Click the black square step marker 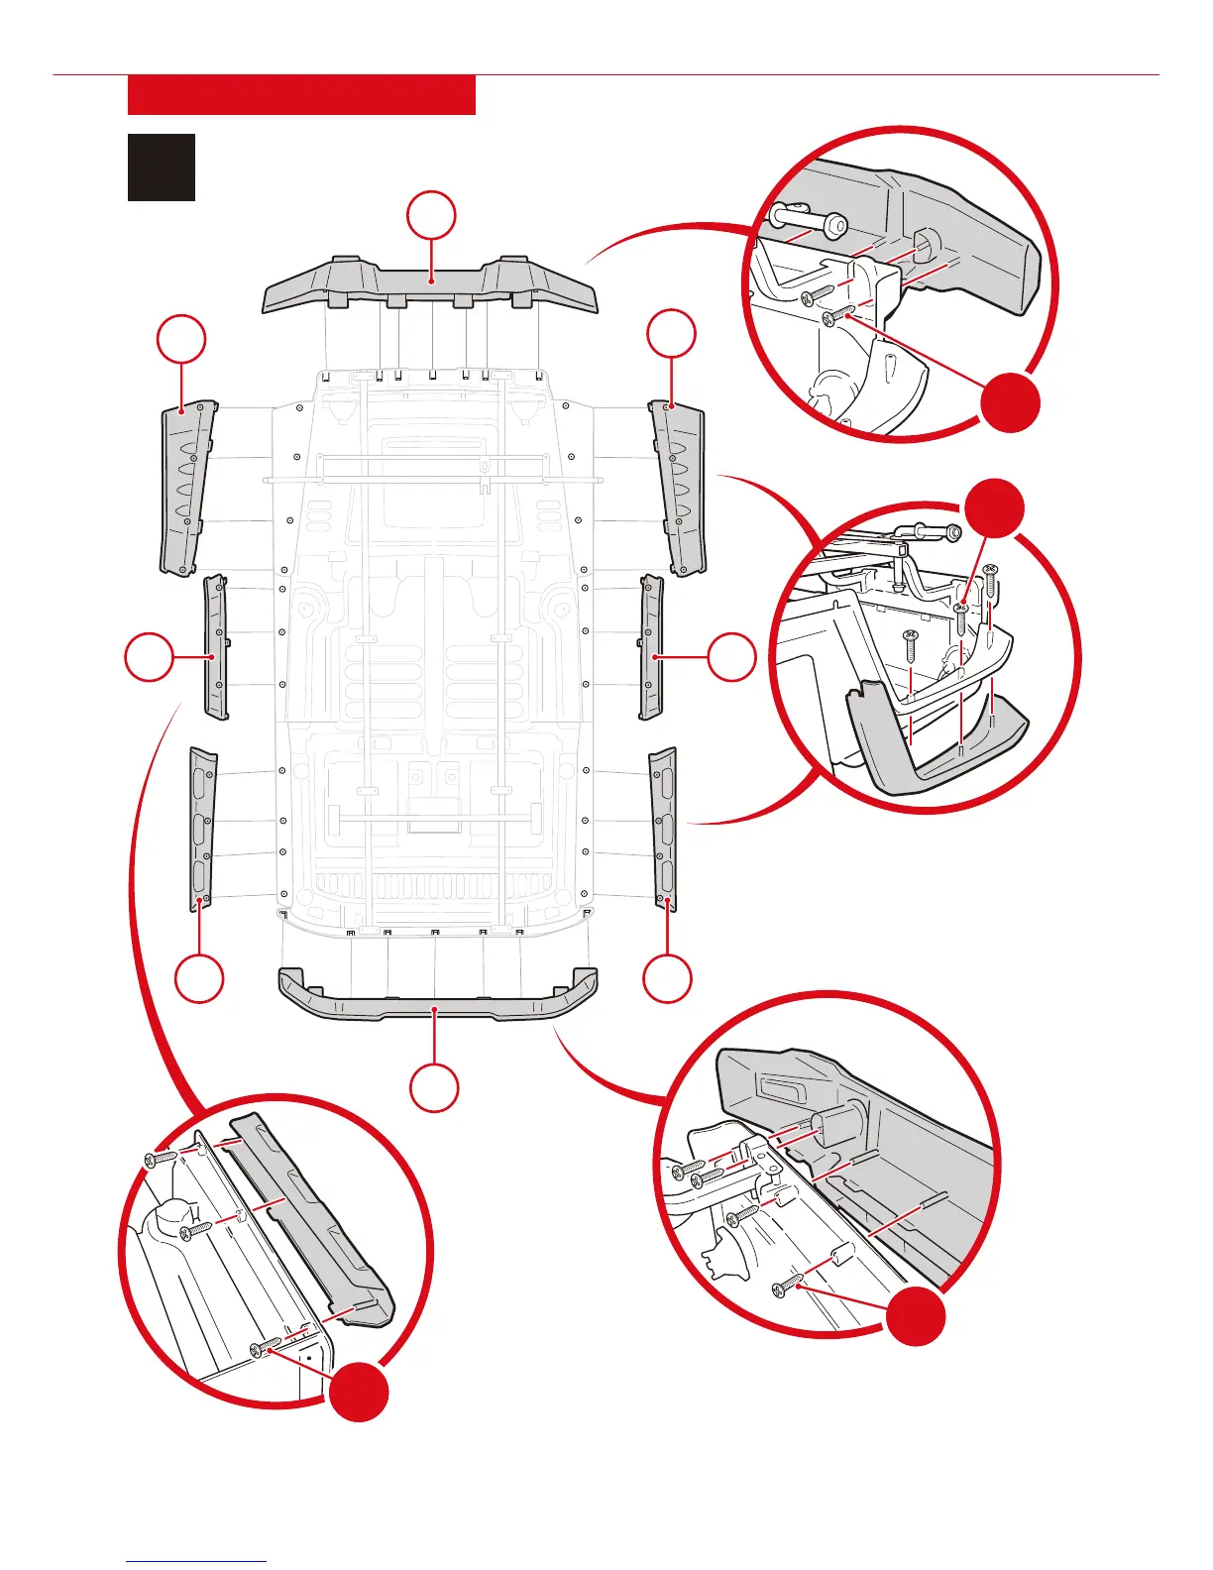pos(162,168)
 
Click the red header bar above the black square pos(301,95)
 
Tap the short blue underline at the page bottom pos(196,1561)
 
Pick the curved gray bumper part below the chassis pos(437,999)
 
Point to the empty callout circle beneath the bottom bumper pos(434,1087)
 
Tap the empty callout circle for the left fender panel pos(181,340)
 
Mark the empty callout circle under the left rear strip pos(200,978)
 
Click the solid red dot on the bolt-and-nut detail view pos(1011,402)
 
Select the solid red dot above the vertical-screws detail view pos(994,508)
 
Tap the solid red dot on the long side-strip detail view pos(359,1392)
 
